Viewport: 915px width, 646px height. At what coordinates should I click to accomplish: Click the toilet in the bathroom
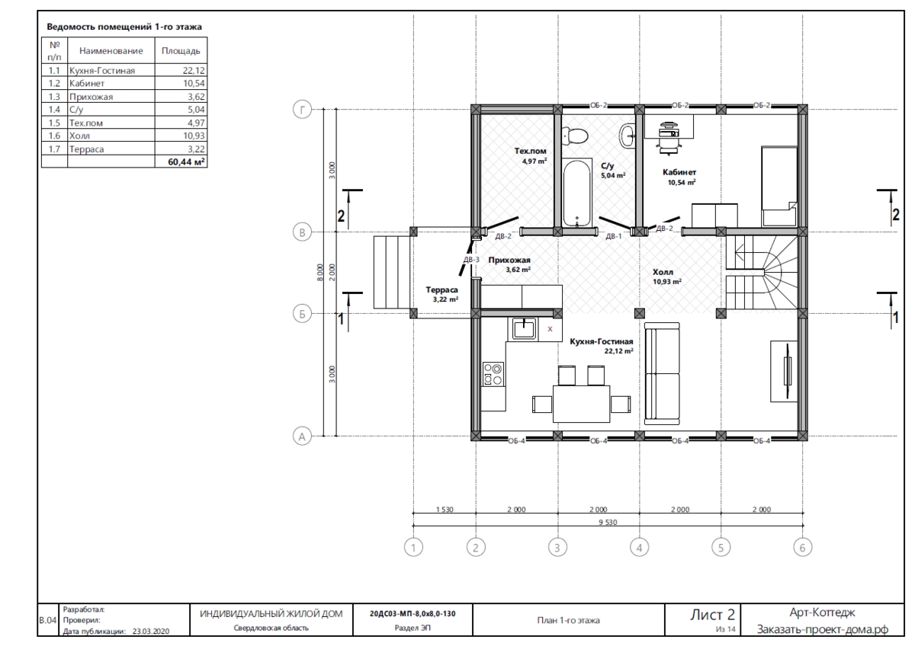click(574, 135)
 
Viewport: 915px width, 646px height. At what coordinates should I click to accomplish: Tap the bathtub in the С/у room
click(576, 193)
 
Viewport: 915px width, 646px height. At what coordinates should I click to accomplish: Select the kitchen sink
click(523, 329)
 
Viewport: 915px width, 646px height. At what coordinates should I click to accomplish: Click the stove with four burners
click(493, 375)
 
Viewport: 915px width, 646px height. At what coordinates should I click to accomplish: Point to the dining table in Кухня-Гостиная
click(581, 404)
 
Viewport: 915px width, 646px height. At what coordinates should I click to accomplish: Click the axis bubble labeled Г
click(302, 110)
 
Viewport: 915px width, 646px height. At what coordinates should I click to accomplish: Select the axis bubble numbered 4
click(639, 547)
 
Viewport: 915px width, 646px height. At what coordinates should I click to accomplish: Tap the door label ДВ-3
click(471, 260)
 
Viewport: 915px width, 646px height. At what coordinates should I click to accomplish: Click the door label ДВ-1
click(613, 236)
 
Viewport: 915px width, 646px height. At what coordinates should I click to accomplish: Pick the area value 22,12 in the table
click(194, 70)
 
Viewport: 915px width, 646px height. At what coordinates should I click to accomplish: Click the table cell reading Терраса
click(87, 149)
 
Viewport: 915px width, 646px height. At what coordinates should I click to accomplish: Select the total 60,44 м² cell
click(186, 161)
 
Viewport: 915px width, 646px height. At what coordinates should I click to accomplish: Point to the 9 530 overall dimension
click(608, 522)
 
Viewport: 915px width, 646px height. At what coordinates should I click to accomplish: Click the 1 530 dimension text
click(445, 510)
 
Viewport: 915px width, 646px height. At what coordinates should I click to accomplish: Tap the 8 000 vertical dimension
click(319, 272)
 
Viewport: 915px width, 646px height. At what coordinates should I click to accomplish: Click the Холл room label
click(663, 272)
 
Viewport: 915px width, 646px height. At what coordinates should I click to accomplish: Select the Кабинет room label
click(679, 172)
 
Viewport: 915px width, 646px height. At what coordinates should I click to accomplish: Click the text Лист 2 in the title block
click(712, 614)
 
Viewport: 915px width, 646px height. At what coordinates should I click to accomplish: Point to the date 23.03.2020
click(151, 631)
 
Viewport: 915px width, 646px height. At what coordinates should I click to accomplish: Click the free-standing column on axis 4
click(640, 313)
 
